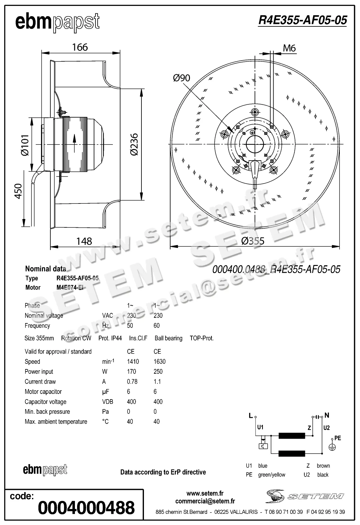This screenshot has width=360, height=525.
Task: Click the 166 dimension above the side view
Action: click(80, 47)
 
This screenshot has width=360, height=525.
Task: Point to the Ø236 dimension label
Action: click(134, 144)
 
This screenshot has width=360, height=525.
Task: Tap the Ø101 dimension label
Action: click(25, 145)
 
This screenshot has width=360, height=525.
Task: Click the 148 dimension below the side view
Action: click(84, 241)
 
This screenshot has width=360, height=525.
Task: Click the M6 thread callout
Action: click(289, 48)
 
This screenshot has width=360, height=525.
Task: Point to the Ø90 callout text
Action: click(181, 78)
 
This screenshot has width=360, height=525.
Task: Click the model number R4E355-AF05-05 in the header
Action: click(302, 21)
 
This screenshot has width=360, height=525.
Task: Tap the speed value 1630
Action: click(159, 362)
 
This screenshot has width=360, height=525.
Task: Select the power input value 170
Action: click(132, 372)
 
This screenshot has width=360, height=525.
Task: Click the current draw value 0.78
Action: click(132, 381)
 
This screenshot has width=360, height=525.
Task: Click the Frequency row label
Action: click(37, 326)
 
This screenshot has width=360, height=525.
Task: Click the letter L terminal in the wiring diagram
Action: click(251, 416)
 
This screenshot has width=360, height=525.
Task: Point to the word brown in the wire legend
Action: click(323, 466)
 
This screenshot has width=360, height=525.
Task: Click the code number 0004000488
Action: click(86, 508)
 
